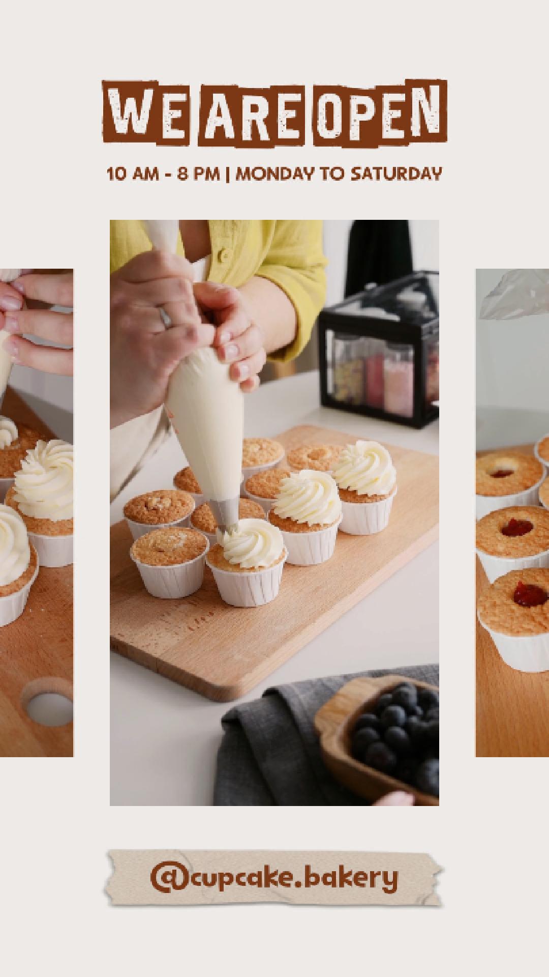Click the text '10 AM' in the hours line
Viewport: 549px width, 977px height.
click(132, 174)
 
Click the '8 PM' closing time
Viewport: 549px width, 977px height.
click(198, 174)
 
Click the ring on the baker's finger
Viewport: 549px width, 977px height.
click(165, 316)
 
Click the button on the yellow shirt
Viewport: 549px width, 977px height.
click(222, 254)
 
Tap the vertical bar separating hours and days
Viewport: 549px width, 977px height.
click(228, 174)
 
